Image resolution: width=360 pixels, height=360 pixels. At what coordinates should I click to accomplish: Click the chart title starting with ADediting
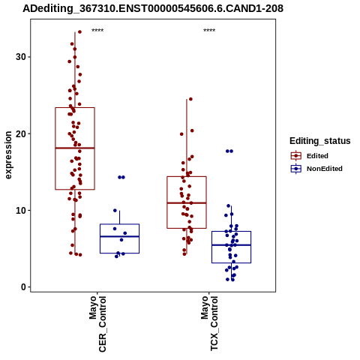point(153,8)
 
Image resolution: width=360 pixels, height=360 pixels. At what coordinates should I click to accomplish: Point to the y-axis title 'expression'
point(8,155)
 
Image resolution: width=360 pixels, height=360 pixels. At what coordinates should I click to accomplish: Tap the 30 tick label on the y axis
point(21,57)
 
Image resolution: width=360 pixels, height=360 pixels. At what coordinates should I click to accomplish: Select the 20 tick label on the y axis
point(21,133)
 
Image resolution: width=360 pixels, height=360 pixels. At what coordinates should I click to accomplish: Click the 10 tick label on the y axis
point(21,211)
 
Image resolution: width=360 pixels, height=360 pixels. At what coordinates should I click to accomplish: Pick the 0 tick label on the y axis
point(24,287)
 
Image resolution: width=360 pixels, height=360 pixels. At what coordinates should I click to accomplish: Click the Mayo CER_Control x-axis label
point(97,324)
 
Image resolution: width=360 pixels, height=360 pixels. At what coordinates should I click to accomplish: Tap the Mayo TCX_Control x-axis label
point(209,323)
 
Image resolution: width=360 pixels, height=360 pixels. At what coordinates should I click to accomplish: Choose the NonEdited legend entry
point(316,169)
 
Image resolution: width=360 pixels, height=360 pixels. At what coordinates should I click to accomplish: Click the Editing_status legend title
point(320,141)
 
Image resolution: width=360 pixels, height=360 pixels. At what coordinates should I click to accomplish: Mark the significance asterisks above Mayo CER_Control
point(97,31)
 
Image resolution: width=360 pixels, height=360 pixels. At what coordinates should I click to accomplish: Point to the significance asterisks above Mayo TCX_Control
point(209,31)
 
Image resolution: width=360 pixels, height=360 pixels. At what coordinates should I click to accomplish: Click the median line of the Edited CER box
point(75,148)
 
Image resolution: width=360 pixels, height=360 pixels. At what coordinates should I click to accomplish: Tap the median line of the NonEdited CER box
point(120,236)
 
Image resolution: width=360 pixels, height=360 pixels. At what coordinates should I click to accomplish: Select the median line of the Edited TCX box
point(187,202)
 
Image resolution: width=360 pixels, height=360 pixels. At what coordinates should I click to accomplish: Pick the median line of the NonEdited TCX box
point(232,245)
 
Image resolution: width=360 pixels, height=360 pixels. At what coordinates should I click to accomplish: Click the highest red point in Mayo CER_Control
point(79,31)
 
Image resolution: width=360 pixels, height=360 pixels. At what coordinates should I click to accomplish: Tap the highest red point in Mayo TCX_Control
point(190,99)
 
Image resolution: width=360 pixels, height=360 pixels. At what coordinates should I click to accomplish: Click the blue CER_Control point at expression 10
point(115,211)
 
